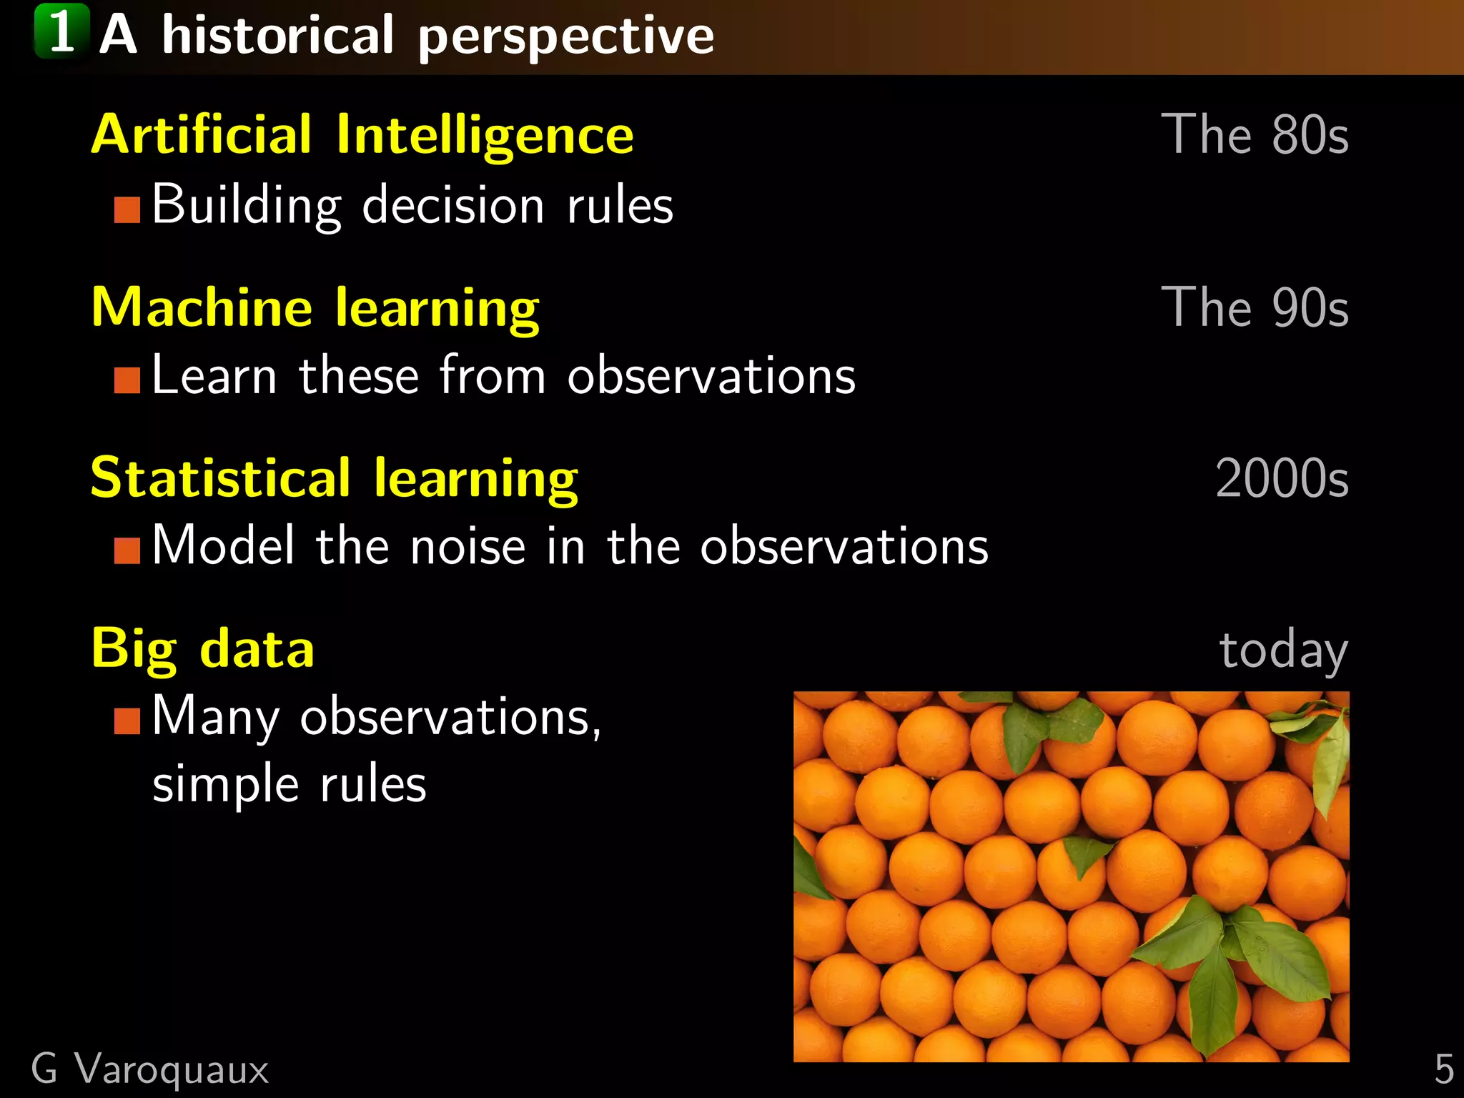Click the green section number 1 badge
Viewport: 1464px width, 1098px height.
pyautogui.click(x=61, y=31)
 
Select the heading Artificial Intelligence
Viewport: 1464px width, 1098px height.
pyautogui.click(x=362, y=134)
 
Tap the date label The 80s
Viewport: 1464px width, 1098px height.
pyautogui.click(x=1254, y=134)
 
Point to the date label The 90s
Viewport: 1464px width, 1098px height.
pyautogui.click(x=1254, y=307)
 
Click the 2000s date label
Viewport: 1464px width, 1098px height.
pyautogui.click(x=1281, y=478)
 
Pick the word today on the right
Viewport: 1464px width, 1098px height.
pyautogui.click(x=1282, y=651)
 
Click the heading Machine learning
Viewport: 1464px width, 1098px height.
pyautogui.click(x=315, y=307)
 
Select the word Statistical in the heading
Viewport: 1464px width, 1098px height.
pyautogui.click(x=220, y=478)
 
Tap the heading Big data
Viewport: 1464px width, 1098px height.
pyautogui.click(x=202, y=649)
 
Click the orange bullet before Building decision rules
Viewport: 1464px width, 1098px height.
pyautogui.click(x=127, y=210)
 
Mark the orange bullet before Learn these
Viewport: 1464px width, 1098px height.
pyautogui.click(x=127, y=380)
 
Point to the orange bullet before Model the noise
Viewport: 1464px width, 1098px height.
pyautogui.click(x=127, y=550)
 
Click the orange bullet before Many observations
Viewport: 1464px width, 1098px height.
pyautogui.click(x=127, y=721)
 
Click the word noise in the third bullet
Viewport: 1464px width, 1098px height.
pyautogui.click(x=468, y=547)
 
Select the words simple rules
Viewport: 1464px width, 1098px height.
pyautogui.click(x=289, y=785)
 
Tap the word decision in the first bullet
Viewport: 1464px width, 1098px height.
pyautogui.click(x=453, y=206)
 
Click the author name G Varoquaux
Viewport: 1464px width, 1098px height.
pyautogui.click(x=150, y=1069)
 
